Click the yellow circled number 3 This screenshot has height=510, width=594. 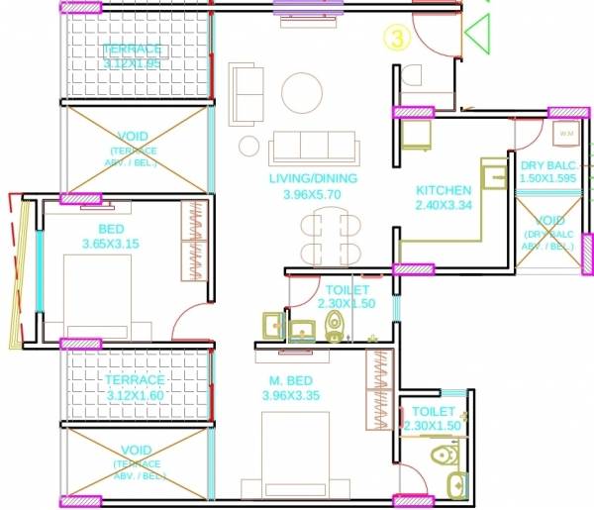[396, 40]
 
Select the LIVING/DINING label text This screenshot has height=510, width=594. [313, 178]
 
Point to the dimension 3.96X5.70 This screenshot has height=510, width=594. [313, 195]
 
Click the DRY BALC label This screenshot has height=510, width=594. [547, 165]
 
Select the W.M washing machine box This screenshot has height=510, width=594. [566, 132]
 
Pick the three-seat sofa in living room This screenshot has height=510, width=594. [304, 149]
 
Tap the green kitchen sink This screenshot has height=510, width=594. [493, 174]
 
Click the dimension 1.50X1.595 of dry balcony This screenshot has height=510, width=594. [547, 180]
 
